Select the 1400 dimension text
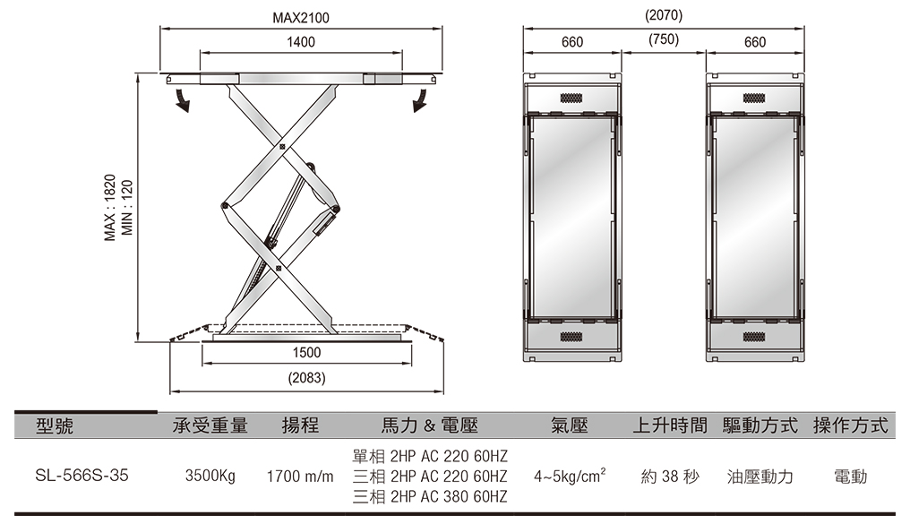click(301, 42)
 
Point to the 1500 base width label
click(306, 353)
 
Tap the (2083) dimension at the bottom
click(306, 379)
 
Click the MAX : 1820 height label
click(110, 208)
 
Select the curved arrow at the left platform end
click(182, 99)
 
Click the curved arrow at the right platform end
click(419, 99)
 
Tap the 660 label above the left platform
click(572, 42)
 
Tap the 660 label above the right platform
click(754, 42)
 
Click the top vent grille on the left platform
click(572, 97)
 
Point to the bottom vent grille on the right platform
click(754, 337)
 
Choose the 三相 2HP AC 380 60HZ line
click(430, 496)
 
